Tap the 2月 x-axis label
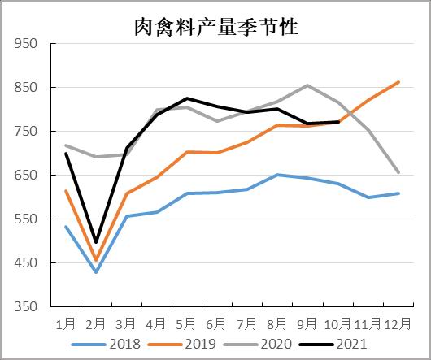96,323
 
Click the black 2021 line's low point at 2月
96,242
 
